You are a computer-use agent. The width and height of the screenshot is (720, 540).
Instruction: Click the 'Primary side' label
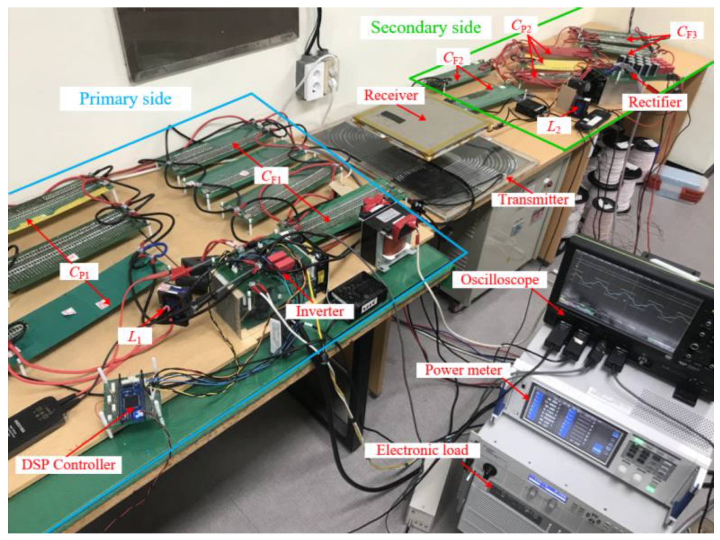point(125,99)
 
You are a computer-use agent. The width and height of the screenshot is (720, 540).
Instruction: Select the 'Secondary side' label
point(426,27)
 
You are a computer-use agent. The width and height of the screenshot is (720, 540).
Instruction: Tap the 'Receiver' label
point(391,95)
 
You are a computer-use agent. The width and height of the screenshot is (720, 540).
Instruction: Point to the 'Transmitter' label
point(534,199)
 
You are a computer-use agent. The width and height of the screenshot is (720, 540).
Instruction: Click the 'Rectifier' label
point(654,102)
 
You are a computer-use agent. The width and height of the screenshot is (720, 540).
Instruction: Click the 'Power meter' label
point(463,370)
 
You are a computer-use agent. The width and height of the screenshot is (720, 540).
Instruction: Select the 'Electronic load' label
point(422,450)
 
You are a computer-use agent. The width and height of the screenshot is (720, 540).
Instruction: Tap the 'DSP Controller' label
point(68,464)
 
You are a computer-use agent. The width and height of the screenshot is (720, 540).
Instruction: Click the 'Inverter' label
point(319,311)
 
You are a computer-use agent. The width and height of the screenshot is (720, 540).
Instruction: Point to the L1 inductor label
point(135,337)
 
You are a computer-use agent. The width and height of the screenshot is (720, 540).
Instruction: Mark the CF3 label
point(687,32)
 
